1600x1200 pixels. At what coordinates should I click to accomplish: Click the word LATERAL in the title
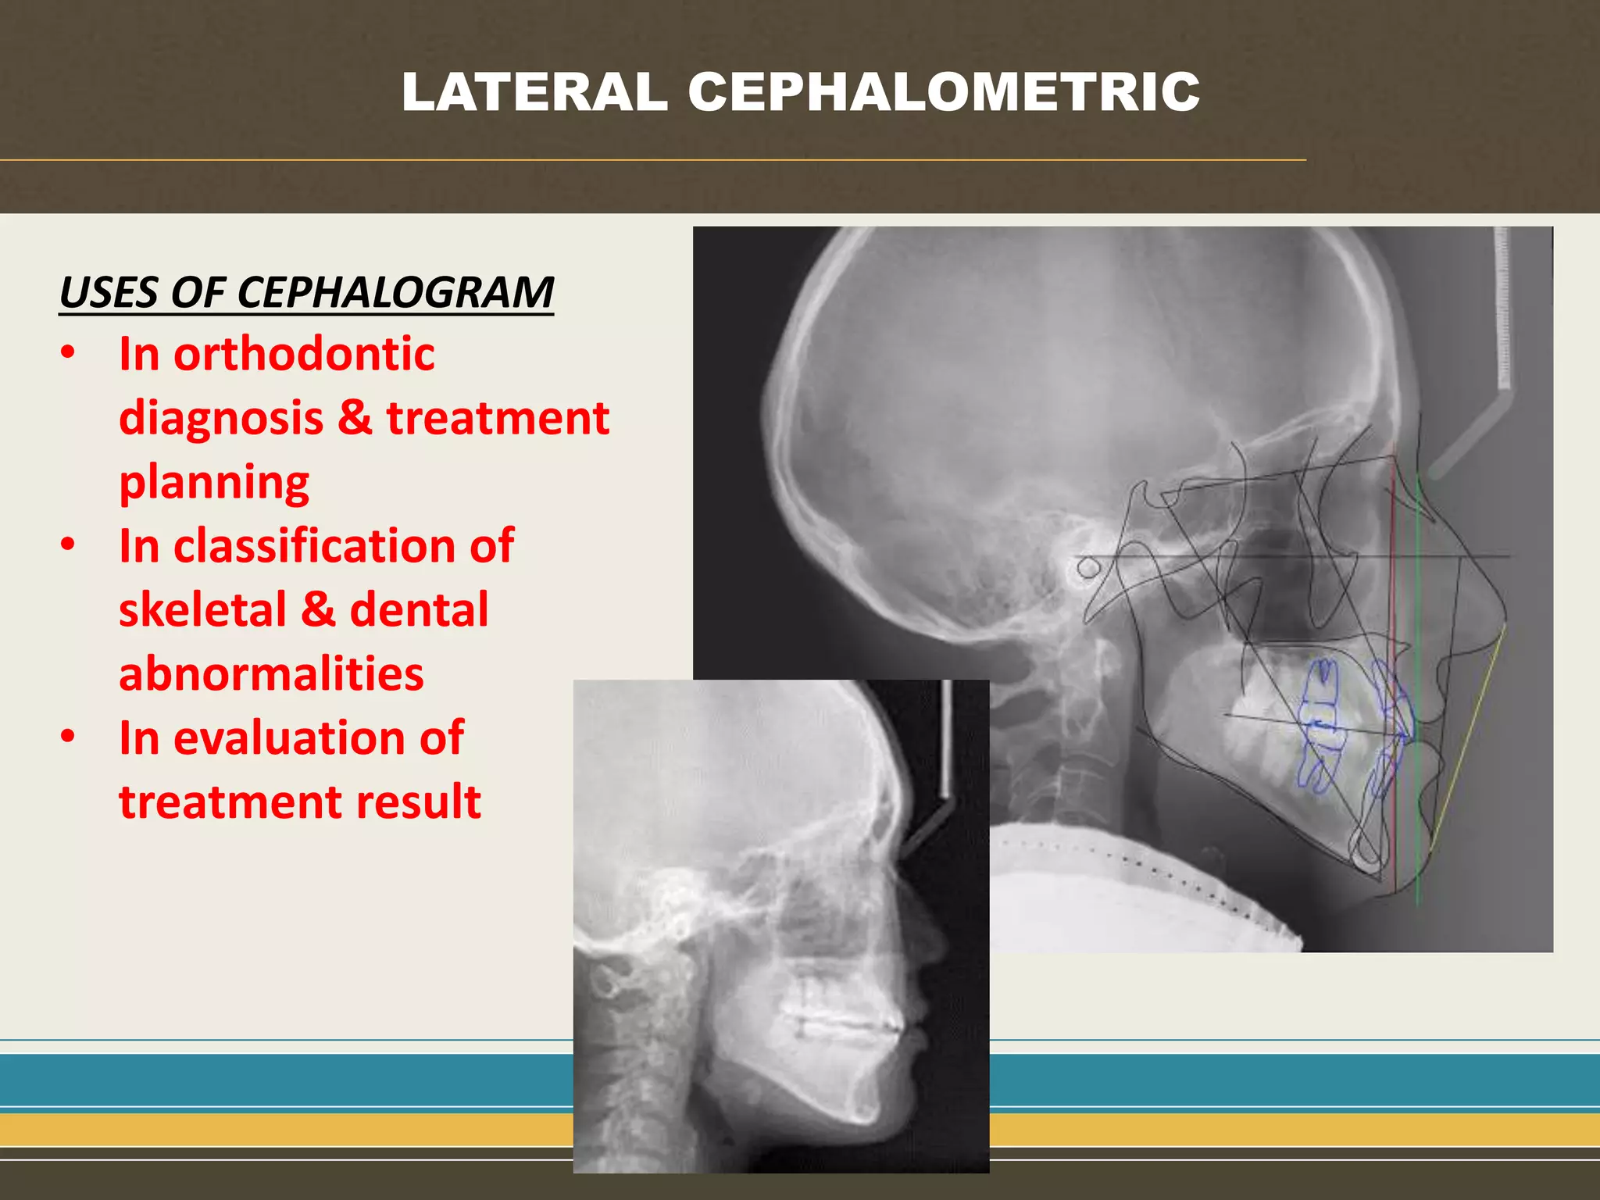(534, 92)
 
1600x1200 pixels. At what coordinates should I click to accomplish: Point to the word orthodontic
(304, 354)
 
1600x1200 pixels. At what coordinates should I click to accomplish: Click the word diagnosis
(221, 418)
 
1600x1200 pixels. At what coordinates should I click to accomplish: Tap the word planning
(214, 482)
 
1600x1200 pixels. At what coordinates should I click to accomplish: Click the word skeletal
(203, 609)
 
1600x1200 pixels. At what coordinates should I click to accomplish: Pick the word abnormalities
(271, 673)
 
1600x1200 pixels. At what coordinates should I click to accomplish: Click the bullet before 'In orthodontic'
(69, 353)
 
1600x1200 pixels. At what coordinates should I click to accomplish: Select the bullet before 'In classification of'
(69, 545)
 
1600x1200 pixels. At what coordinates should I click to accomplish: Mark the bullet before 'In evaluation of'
(69, 737)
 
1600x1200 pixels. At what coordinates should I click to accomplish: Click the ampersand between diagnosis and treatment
(355, 418)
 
